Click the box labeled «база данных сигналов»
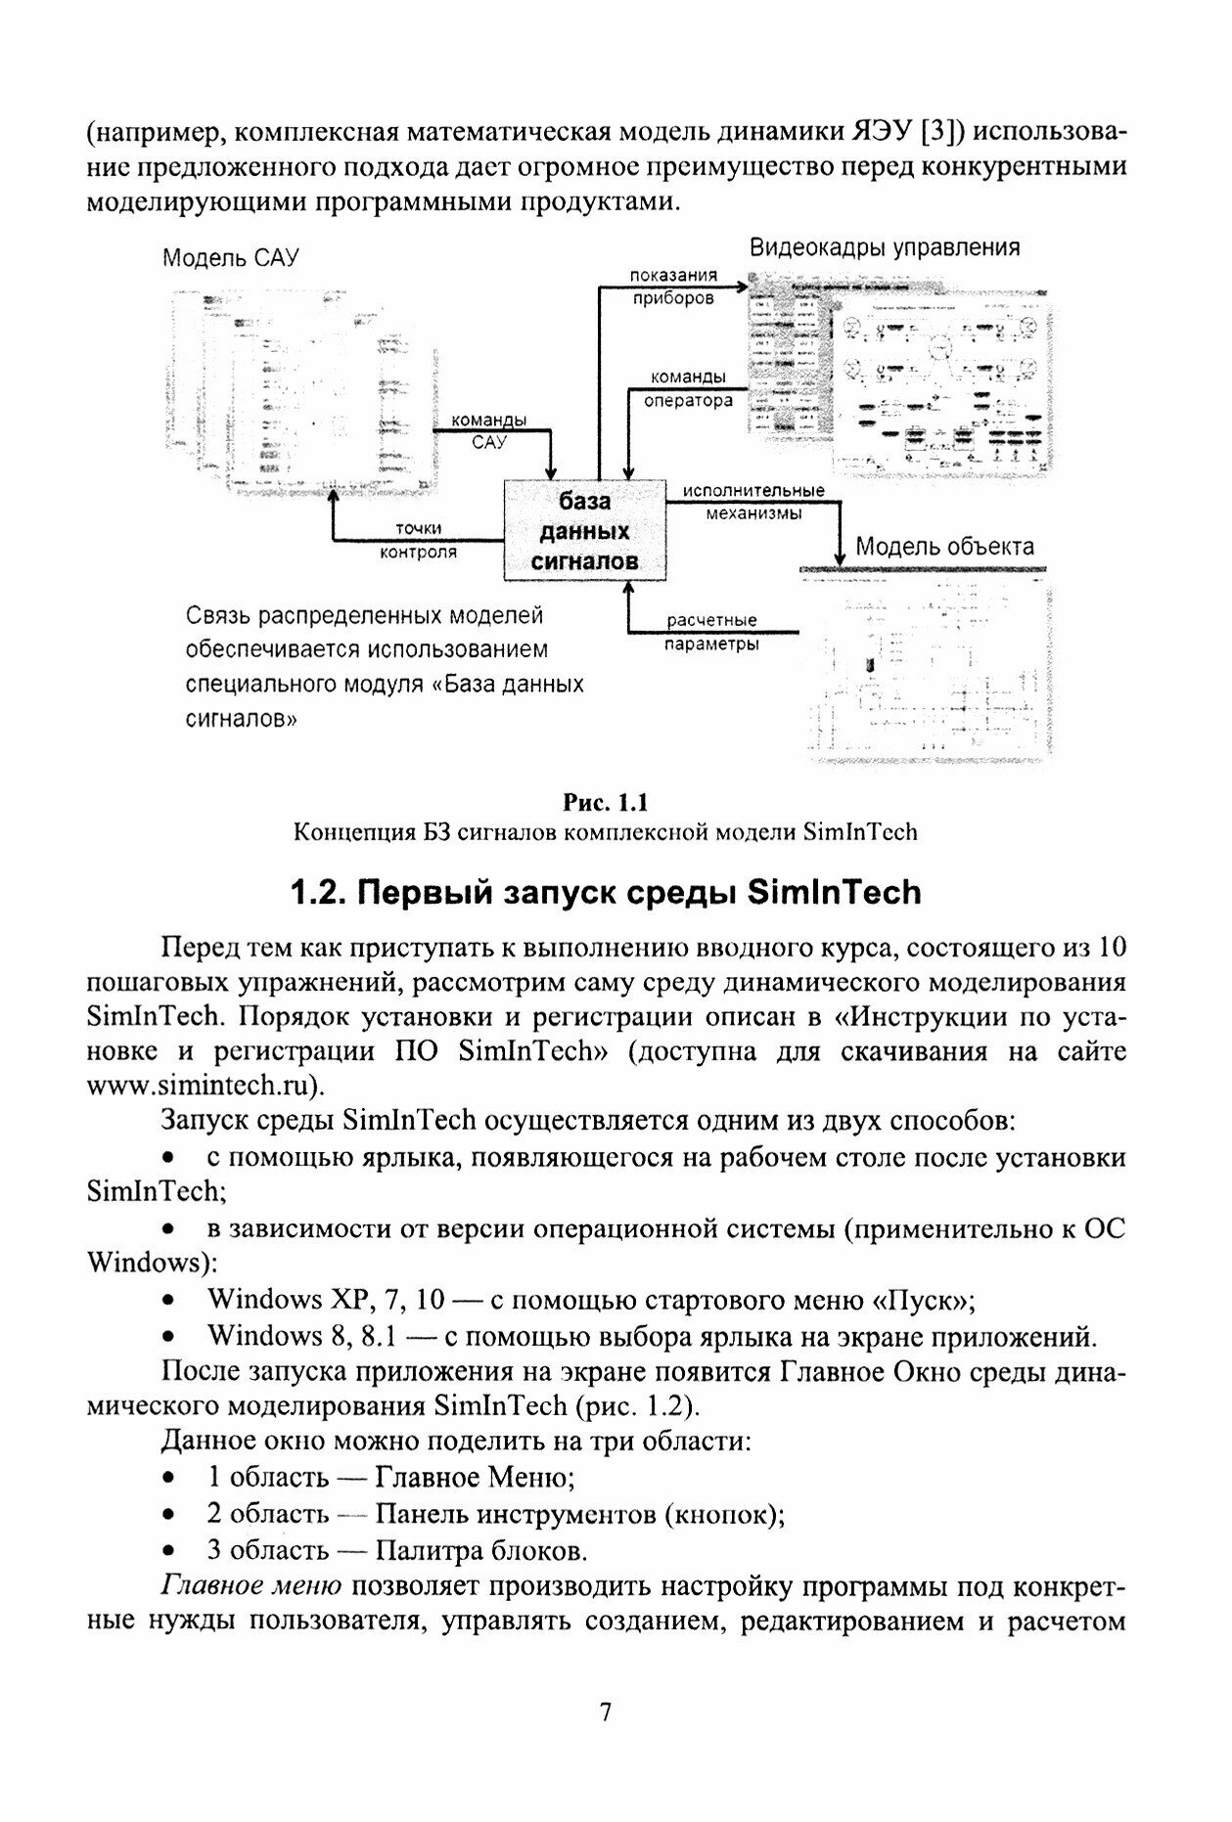(584, 531)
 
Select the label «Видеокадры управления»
(885, 247)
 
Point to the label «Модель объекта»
(944, 546)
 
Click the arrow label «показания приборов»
(673, 287)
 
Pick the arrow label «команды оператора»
(688, 388)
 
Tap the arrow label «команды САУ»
(487, 430)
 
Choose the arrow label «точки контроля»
(418, 540)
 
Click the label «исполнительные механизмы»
(753, 501)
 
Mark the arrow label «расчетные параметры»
(711, 632)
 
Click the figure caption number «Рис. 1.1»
(606, 803)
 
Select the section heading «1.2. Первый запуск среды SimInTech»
(606, 892)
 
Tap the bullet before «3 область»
(169, 1551)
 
